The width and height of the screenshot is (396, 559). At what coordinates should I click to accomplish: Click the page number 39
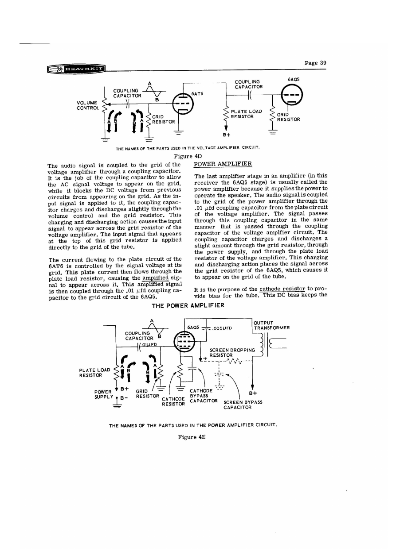coord(315,63)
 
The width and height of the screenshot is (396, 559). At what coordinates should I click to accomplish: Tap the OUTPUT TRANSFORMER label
coord(272,325)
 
